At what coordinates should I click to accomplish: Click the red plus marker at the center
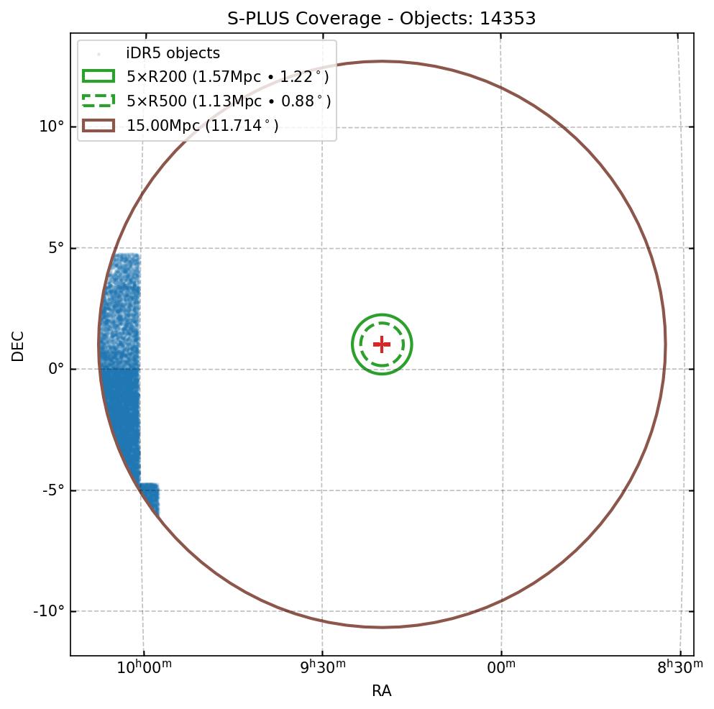click(x=382, y=344)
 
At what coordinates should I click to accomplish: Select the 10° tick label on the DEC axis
click(x=51, y=127)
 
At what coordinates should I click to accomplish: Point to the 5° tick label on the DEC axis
click(x=55, y=248)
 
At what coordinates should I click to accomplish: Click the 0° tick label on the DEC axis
click(x=55, y=369)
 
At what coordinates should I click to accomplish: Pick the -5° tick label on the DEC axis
click(x=52, y=490)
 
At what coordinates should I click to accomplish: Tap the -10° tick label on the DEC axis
click(x=49, y=611)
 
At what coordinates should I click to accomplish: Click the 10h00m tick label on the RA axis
click(x=144, y=668)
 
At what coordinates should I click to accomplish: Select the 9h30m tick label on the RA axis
click(x=323, y=668)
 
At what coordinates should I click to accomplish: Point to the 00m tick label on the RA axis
click(x=501, y=668)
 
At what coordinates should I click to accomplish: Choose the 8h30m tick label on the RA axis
click(x=680, y=668)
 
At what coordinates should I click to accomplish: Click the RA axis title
click(x=382, y=691)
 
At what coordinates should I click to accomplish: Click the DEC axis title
click(x=18, y=346)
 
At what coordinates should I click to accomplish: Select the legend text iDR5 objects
click(x=173, y=53)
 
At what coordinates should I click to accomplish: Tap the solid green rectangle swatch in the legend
click(x=99, y=77)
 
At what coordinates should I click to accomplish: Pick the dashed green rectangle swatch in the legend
click(x=99, y=101)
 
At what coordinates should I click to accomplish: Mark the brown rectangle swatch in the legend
click(x=99, y=126)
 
